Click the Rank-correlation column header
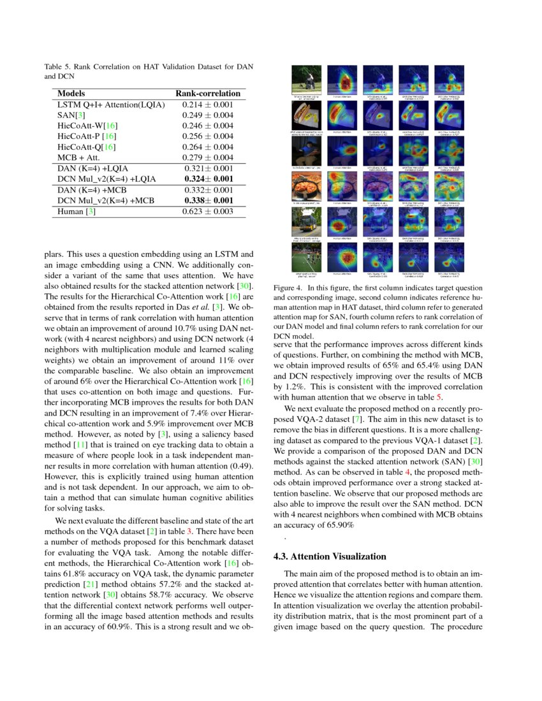(208, 93)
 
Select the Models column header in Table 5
(71, 93)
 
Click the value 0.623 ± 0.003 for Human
(208, 212)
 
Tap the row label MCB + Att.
(80, 157)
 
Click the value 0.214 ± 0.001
(208, 105)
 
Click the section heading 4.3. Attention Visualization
(329, 556)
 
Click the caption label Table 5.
(59, 66)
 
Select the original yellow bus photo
(307, 221)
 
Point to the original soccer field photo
(307, 257)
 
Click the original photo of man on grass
(307, 80)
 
